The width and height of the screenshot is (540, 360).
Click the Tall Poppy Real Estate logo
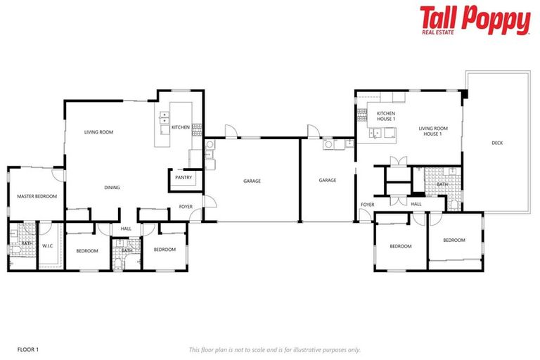(475, 20)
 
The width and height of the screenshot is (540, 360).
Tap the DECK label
(497, 143)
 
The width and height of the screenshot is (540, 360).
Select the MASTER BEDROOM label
(37, 196)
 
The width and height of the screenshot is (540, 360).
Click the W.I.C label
(48, 246)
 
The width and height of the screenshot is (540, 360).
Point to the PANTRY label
(184, 178)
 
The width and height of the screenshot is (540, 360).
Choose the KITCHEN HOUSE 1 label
(386, 116)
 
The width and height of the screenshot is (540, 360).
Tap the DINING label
(112, 188)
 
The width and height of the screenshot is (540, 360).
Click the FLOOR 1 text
(28, 349)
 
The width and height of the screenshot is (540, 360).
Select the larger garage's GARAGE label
(252, 181)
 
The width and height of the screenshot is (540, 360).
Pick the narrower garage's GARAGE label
(328, 181)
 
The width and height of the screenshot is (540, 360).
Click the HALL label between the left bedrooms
(126, 229)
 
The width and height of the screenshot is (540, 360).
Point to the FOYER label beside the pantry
(186, 207)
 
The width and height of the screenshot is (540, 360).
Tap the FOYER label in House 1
(367, 205)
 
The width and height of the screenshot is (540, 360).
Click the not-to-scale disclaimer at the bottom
(274, 349)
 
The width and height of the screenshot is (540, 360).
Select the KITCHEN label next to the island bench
(181, 127)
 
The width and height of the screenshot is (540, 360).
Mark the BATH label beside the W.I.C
(26, 243)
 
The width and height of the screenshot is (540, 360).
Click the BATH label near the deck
(442, 184)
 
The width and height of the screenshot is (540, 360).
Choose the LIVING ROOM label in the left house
(98, 132)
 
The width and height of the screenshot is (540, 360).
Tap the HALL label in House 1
(416, 205)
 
